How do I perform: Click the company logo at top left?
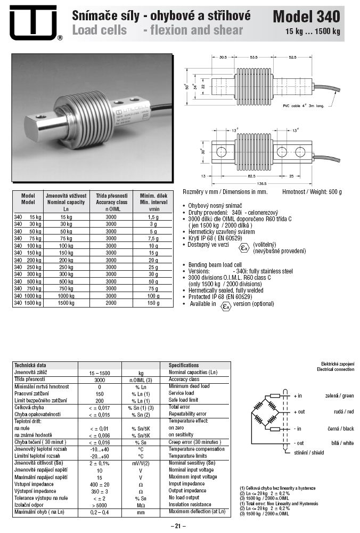click(32, 22)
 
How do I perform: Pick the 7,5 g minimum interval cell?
click(153, 239)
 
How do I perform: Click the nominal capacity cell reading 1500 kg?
click(67, 302)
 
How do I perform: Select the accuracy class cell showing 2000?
click(111, 302)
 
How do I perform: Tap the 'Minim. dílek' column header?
click(153, 196)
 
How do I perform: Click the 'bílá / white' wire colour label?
click(341, 443)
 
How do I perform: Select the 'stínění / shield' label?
click(309, 452)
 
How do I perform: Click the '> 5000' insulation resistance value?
click(100, 504)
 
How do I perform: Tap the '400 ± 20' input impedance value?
click(100, 483)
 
